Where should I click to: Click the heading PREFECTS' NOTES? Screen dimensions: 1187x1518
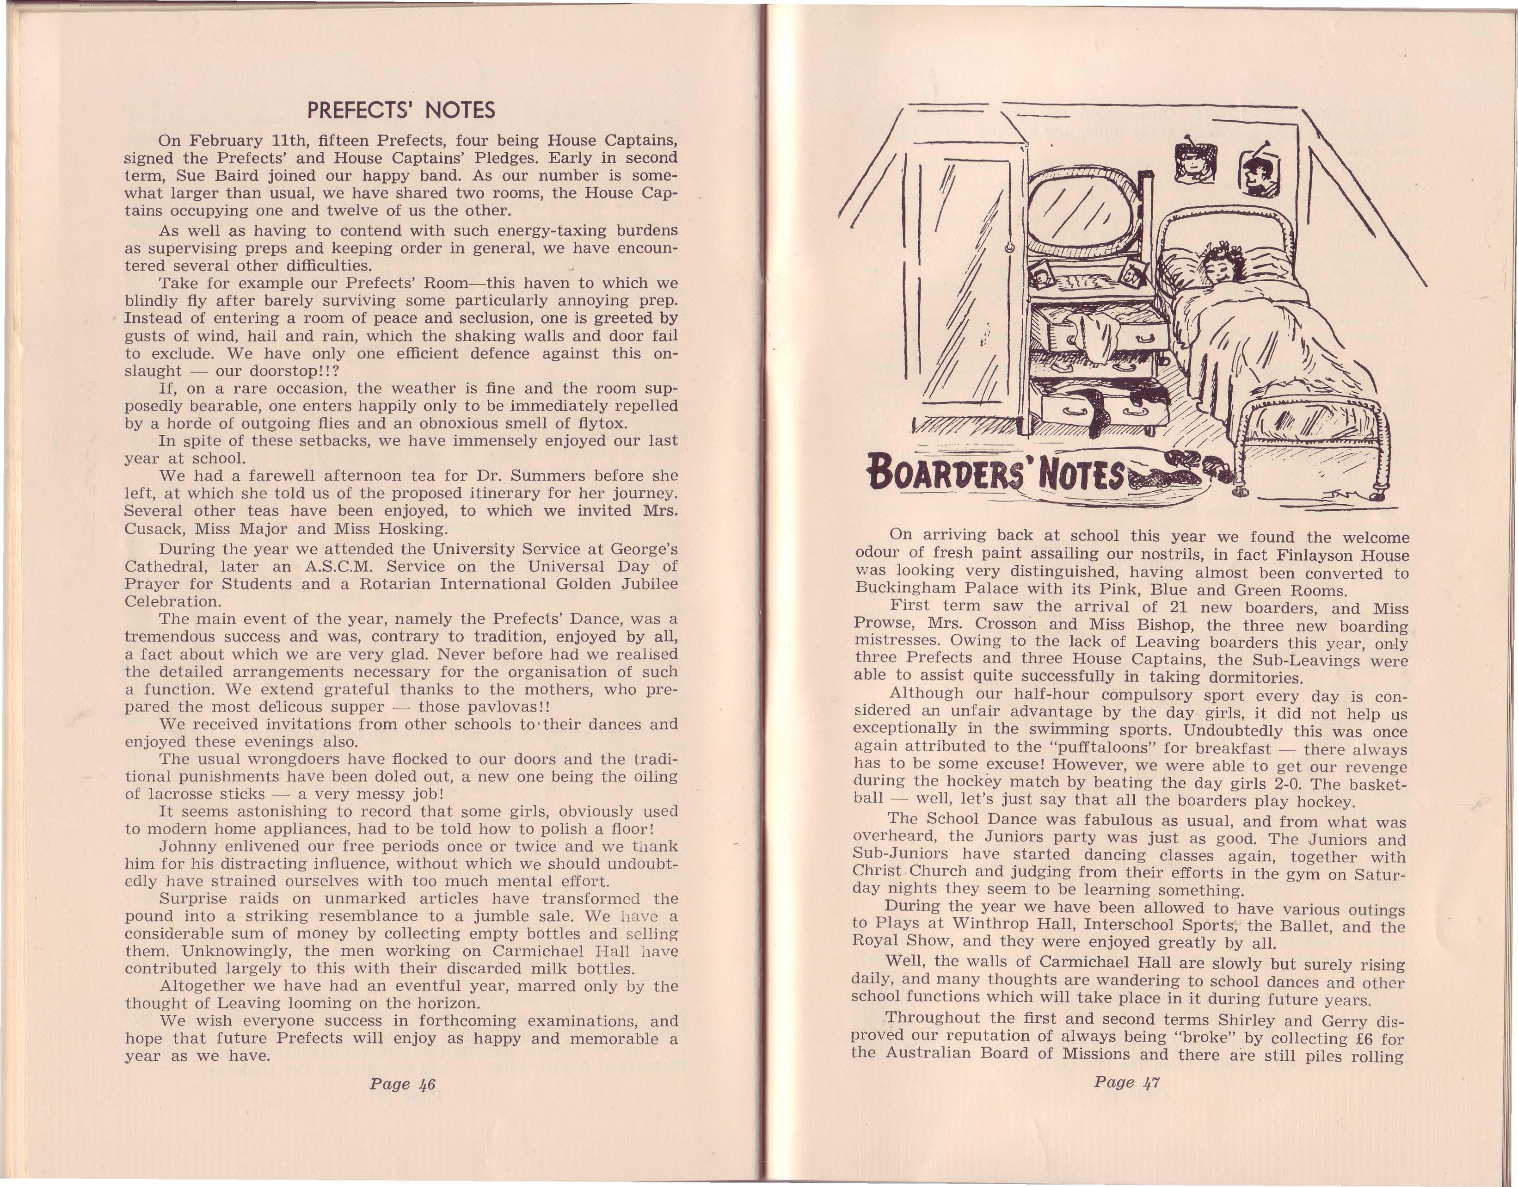[401, 111]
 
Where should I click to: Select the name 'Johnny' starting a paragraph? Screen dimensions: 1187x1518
[187, 847]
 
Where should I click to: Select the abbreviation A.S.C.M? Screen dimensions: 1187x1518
[336, 567]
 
